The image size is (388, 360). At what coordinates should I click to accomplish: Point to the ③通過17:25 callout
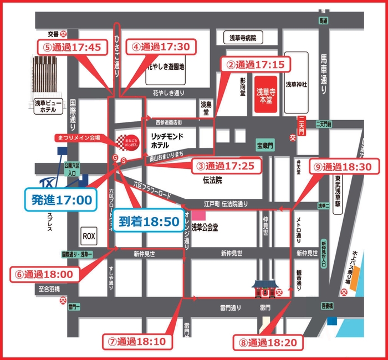pos(226,165)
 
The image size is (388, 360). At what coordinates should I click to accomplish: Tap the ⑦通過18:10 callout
pos(135,341)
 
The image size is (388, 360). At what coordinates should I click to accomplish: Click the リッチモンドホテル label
pos(167,141)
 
